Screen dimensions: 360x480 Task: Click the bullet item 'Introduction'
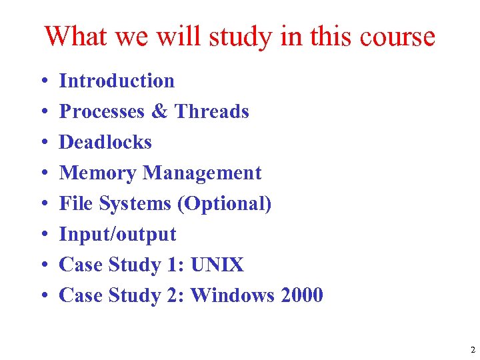(x=117, y=81)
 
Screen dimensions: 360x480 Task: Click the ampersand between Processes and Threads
(x=159, y=111)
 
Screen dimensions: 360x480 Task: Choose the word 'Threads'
(x=211, y=111)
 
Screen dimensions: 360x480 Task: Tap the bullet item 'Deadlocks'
(x=105, y=142)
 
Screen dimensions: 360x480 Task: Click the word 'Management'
(x=203, y=173)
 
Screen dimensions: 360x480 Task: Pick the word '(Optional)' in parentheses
(x=225, y=203)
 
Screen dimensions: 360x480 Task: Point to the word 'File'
(x=74, y=203)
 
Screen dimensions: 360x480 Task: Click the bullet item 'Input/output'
(x=117, y=234)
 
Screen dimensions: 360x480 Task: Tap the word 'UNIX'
(x=217, y=265)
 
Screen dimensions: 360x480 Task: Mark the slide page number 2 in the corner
(x=472, y=349)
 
